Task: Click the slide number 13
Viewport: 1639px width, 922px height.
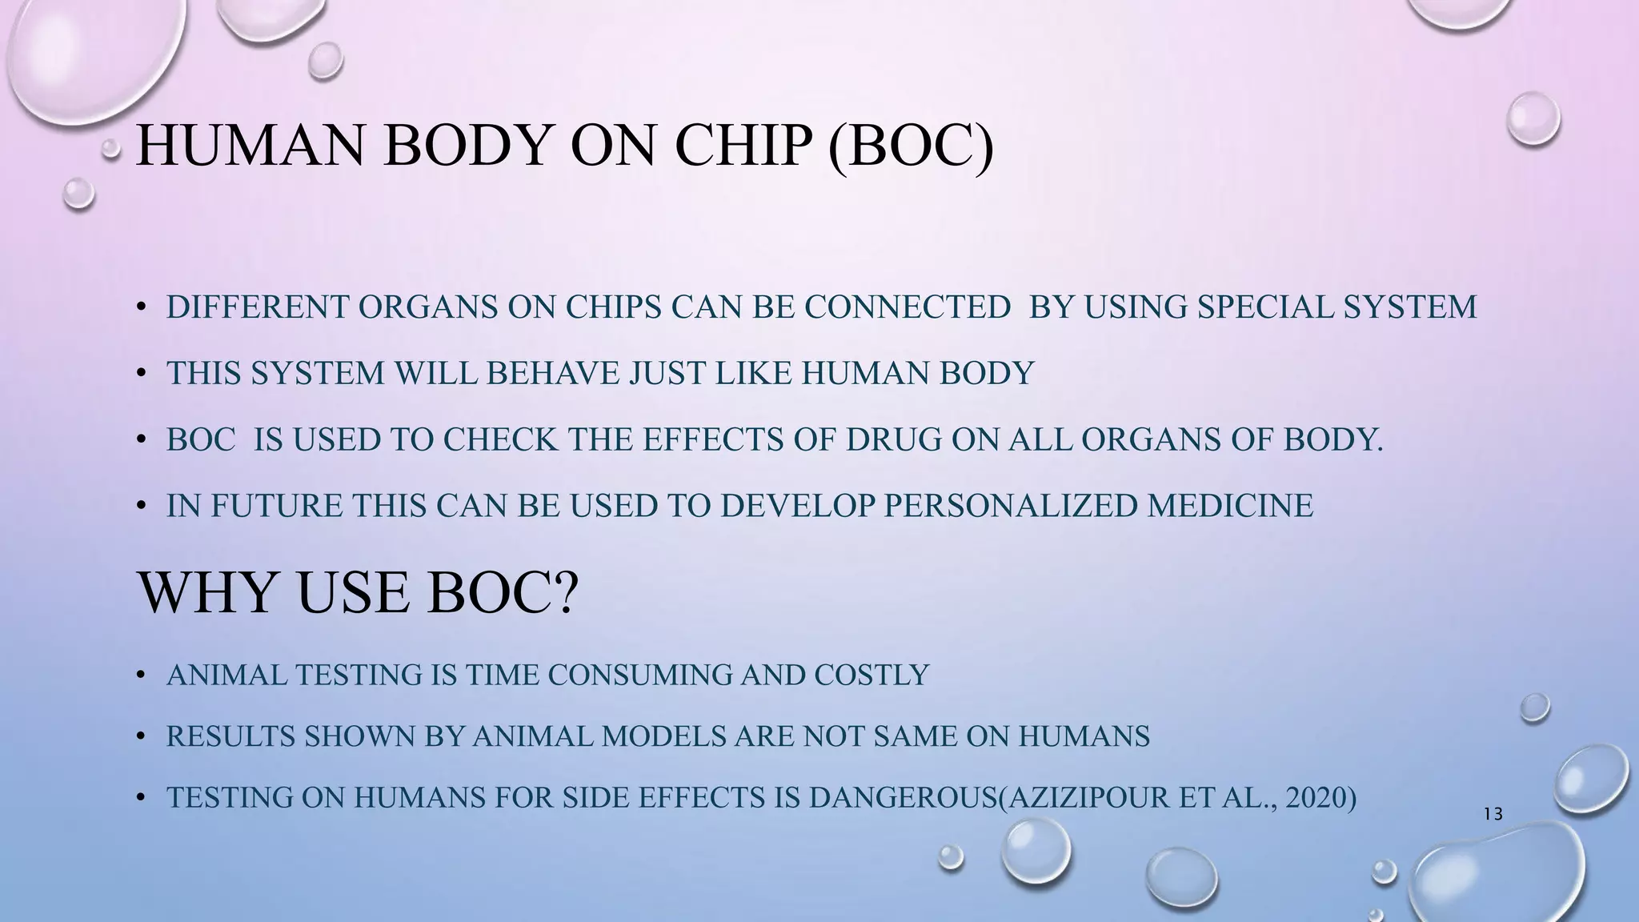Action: pos(1493,815)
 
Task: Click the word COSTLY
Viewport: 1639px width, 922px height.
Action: pos(872,675)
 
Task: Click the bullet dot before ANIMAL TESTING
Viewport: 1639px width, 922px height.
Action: pos(141,676)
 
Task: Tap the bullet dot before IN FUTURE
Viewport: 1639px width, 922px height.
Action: pos(141,507)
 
